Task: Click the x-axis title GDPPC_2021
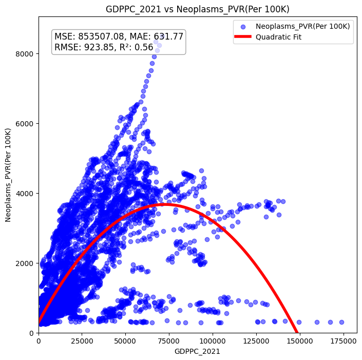click(x=198, y=352)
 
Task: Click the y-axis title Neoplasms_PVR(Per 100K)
click(x=8, y=175)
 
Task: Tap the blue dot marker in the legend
click(x=243, y=26)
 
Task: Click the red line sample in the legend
click(x=243, y=37)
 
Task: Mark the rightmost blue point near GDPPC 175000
click(x=341, y=322)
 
